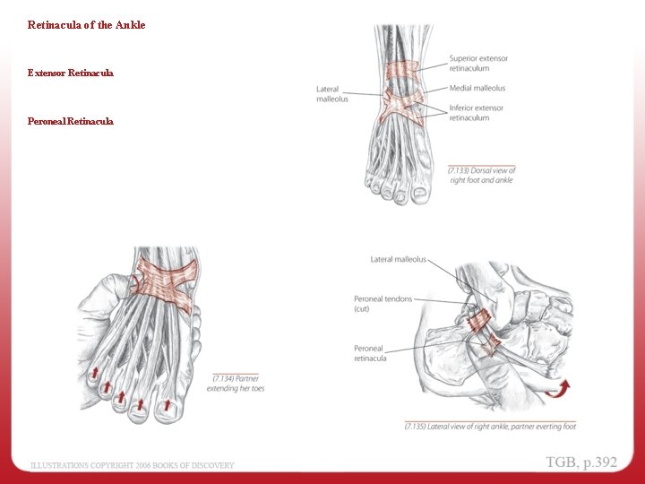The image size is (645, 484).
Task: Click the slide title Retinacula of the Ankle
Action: click(86, 25)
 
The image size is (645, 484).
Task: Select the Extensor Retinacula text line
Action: click(71, 72)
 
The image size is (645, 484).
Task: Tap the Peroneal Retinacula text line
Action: click(71, 121)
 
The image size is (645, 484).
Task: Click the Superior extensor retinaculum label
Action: click(478, 64)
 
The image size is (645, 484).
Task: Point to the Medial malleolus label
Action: click(477, 88)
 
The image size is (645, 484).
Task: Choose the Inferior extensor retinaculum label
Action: click(476, 113)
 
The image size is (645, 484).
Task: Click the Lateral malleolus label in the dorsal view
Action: click(331, 93)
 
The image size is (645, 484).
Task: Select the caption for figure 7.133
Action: click(481, 175)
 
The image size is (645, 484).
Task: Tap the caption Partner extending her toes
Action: click(235, 384)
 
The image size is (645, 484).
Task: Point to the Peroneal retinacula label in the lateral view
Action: click(370, 353)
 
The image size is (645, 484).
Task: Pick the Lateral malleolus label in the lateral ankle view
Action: click(399, 260)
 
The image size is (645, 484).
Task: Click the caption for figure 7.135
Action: click(490, 427)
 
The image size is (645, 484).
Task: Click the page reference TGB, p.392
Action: click(581, 462)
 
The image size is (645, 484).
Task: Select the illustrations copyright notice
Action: click(133, 465)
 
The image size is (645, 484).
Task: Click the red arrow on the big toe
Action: click(166, 407)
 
